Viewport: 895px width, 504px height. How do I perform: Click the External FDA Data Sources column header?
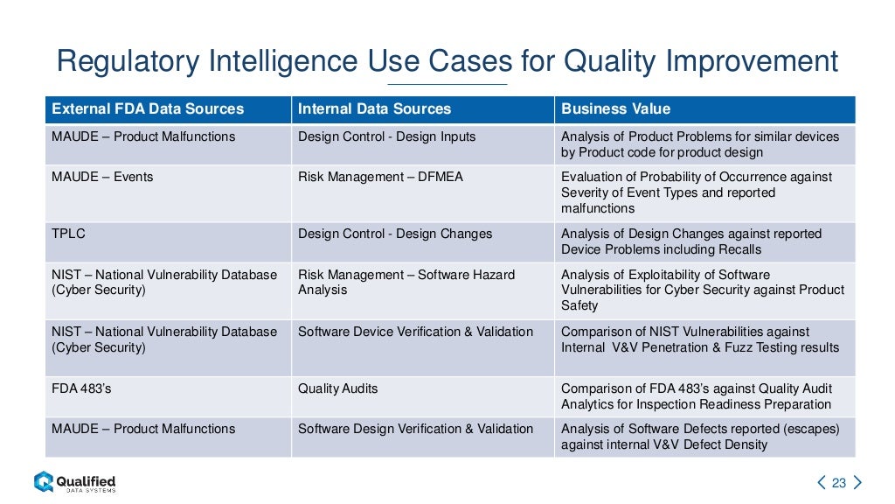(x=148, y=109)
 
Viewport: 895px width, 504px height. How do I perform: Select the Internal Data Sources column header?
(x=374, y=109)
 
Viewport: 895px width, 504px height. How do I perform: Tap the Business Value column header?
(x=615, y=109)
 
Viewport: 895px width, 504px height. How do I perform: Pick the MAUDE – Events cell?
(x=102, y=177)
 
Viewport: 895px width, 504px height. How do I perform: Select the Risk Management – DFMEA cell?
(x=380, y=177)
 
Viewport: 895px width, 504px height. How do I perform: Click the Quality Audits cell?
(x=338, y=388)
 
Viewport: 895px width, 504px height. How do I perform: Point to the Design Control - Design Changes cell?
(x=395, y=234)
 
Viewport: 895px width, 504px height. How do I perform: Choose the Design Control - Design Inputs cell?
(x=387, y=136)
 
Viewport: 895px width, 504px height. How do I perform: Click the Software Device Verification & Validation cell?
(x=415, y=332)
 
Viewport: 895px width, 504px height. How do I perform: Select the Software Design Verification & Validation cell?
(x=415, y=429)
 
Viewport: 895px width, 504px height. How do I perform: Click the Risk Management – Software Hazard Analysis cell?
(x=406, y=282)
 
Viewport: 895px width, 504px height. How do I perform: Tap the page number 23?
(x=839, y=483)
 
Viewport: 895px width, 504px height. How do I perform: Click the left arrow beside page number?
(x=821, y=483)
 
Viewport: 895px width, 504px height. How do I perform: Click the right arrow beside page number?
(x=857, y=483)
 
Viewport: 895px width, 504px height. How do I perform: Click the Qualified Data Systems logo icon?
(x=44, y=481)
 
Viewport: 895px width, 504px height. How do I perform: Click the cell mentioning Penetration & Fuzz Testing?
(x=699, y=339)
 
